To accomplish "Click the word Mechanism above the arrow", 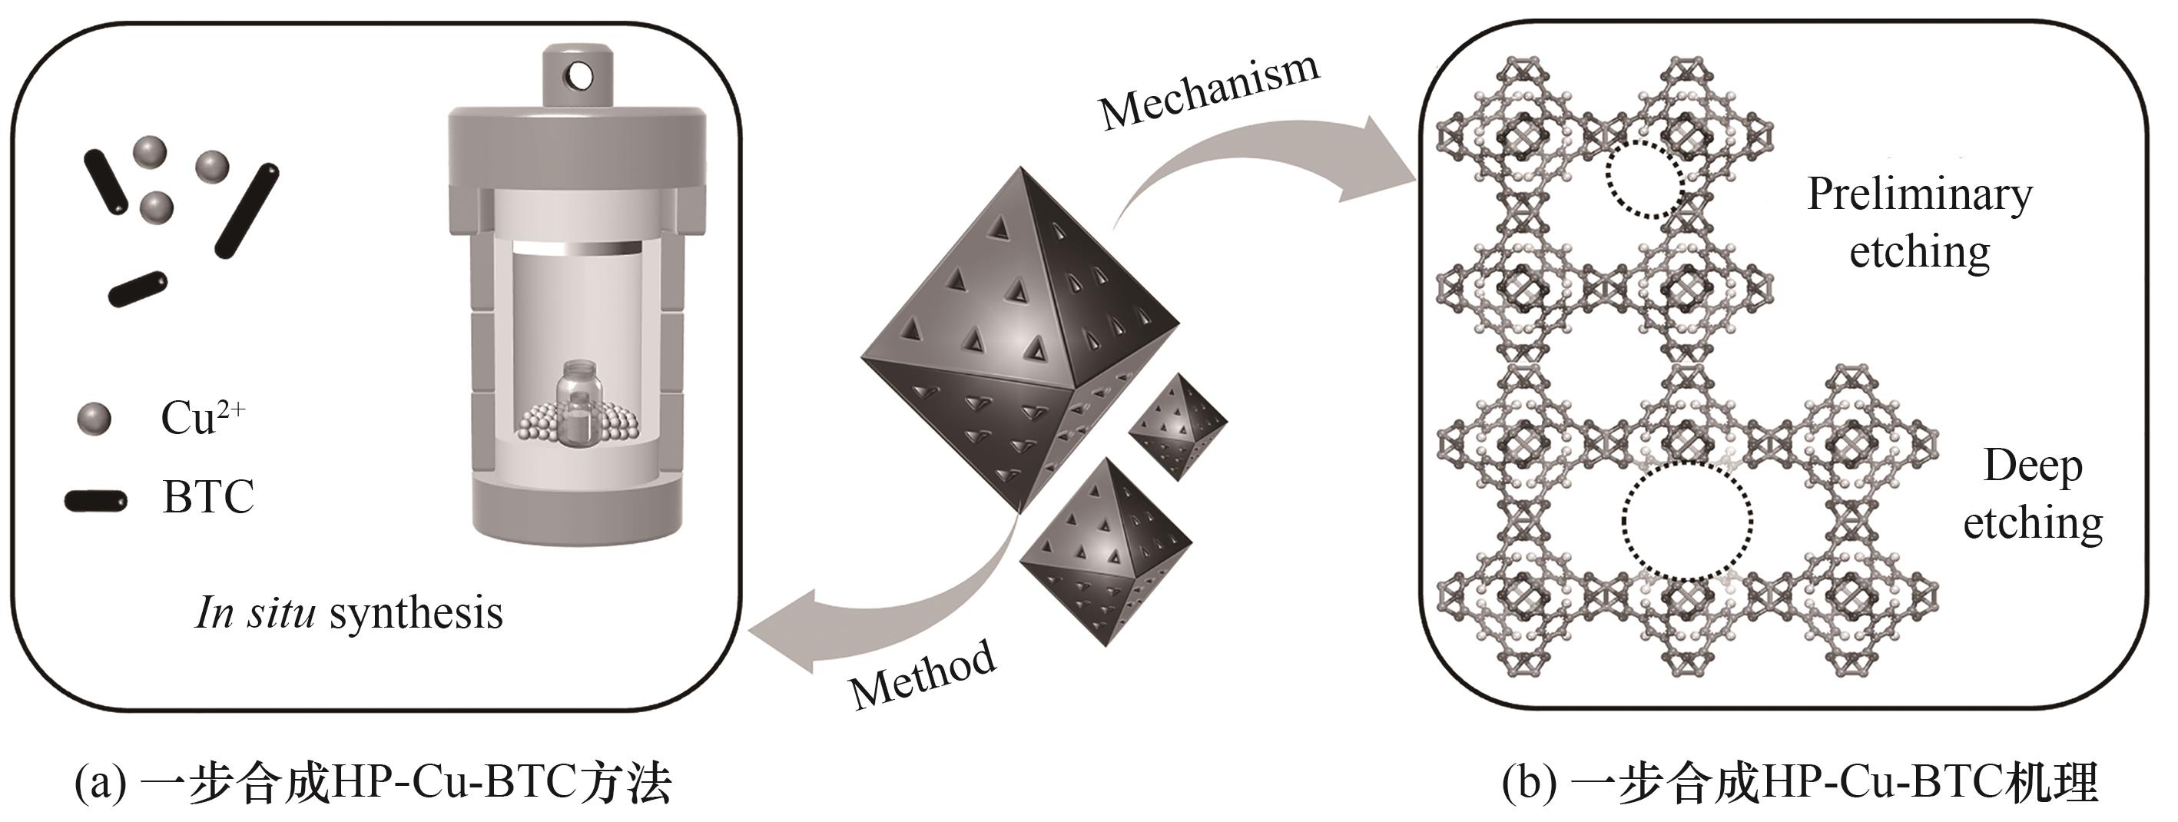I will tap(1209, 91).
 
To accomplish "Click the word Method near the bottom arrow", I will tap(923, 674).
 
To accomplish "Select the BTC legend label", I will tap(208, 497).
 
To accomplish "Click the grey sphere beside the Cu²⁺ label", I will tap(94, 418).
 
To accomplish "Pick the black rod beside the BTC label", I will tap(95, 501).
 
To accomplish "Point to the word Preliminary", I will tap(1919, 195).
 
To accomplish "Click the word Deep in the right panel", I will tap(2033, 466).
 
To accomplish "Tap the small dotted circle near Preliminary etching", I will tap(1645, 179).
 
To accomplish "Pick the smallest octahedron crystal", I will tap(1178, 427).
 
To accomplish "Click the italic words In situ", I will tap(255, 612).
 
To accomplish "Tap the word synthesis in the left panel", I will tap(416, 612).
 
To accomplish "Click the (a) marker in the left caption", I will tap(100, 784).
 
